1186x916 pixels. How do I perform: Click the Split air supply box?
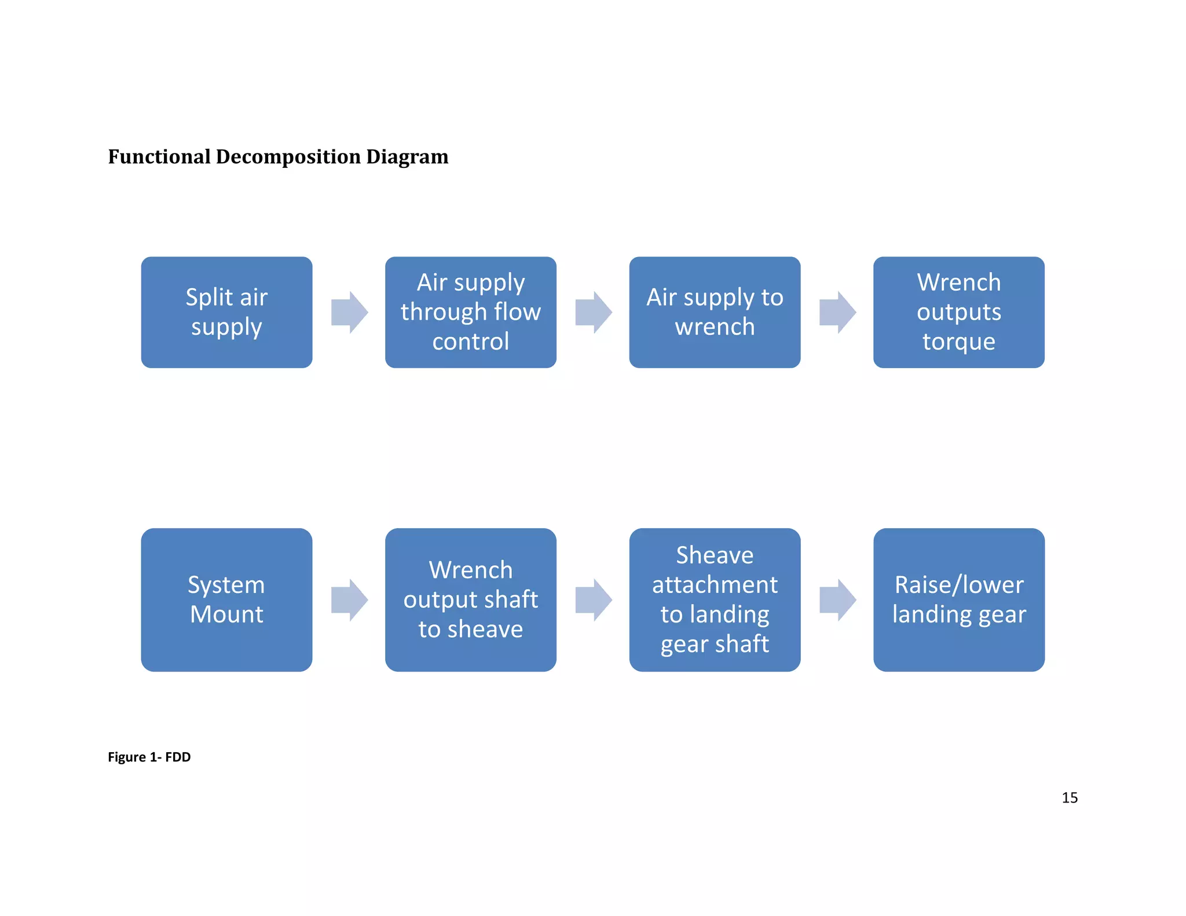tap(226, 312)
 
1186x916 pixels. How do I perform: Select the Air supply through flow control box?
tap(470, 312)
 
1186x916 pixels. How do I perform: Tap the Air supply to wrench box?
tap(715, 312)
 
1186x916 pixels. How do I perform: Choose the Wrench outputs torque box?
tap(958, 312)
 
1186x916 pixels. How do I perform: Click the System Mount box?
tap(226, 599)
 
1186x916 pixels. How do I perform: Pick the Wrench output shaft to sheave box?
tap(470, 599)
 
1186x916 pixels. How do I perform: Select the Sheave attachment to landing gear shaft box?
tap(715, 599)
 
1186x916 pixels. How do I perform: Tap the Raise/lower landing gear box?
tap(958, 599)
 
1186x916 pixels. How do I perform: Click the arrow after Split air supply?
tap(349, 313)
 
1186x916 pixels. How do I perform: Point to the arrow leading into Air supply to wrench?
tap(593, 313)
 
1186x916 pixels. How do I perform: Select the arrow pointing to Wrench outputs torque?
tap(837, 313)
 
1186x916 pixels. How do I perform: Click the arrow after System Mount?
tap(349, 600)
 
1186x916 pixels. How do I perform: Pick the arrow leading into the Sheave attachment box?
tap(593, 600)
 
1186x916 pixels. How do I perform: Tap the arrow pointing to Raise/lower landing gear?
tap(837, 600)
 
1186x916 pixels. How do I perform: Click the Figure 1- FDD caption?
tap(149, 757)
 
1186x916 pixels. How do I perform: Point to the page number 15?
tap(1069, 797)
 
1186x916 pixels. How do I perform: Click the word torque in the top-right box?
tap(958, 342)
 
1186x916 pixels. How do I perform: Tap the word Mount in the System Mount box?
tap(226, 614)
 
